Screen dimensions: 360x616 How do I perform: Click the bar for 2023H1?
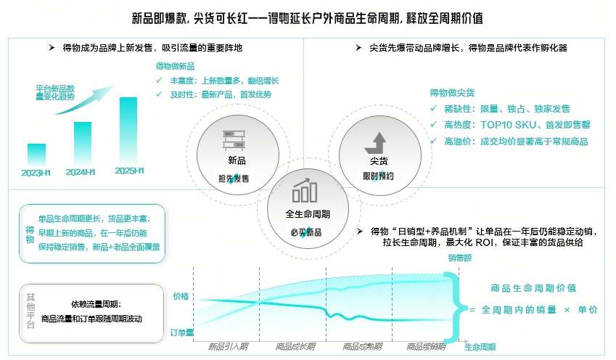click(36, 154)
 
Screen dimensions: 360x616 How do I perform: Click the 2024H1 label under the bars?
click(81, 173)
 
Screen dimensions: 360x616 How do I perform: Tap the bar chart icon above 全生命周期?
click(305, 192)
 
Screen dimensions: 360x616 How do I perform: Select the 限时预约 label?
click(378, 176)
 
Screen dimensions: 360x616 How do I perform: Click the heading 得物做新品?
click(176, 66)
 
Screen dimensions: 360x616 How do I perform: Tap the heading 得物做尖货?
click(452, 93)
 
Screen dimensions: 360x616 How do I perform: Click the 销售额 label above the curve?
click(460, 258)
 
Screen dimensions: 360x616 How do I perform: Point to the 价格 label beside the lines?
click(181, 296)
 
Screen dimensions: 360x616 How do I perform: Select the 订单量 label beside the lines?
click(181, 332)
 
